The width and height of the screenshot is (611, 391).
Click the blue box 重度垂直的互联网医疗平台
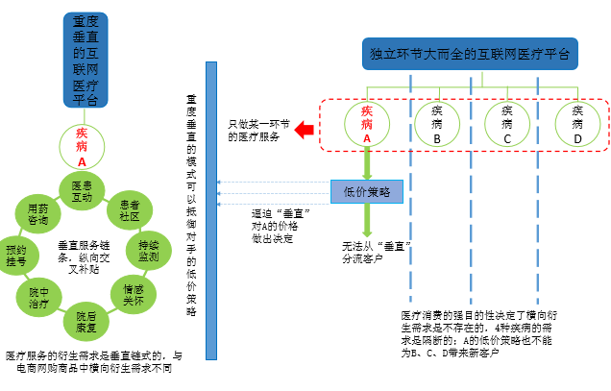coord(85,60)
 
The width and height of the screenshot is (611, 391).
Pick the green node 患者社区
coord(130,211)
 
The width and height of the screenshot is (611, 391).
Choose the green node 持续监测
coord(148,251)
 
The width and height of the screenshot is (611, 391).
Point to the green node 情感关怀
coord(134,293)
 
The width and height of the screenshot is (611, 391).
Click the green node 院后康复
coord(86,319)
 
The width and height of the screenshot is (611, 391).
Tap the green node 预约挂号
coord(18,253)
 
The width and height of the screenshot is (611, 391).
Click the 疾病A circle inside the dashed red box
coord(366,124)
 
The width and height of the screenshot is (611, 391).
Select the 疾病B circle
coord(437,124)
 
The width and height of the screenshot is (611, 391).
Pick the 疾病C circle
coord(506,124)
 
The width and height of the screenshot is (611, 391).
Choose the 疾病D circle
coord(577,124)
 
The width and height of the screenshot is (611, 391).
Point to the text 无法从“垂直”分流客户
coord(377,252)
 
